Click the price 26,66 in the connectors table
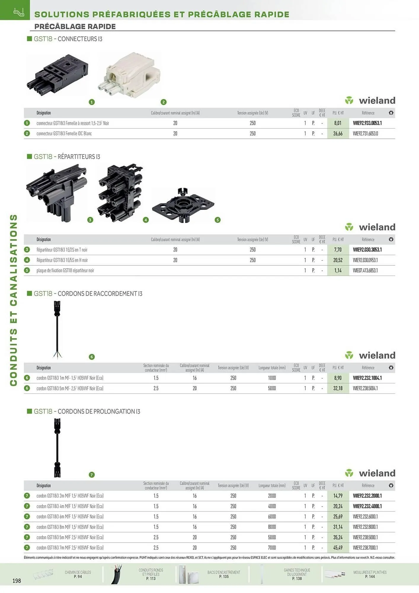[338, 133]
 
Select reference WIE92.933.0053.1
[367, 123]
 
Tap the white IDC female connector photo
[129, 74]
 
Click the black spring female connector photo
[57, 75]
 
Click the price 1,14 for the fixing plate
[338, 270]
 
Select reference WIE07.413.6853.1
[365, 270]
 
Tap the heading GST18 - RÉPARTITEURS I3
[67, 157]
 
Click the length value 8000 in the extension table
[272, 527]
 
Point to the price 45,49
[338, 548]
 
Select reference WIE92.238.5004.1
[365, 388]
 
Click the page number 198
[17, 581]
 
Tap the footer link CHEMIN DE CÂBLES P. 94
[78, 574]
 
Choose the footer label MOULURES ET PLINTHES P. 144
[370, 574]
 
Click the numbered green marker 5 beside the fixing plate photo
[218, 220]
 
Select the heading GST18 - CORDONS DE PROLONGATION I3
[87, 411]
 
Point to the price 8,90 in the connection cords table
[338, 378]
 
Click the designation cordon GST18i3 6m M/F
[70, 517]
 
